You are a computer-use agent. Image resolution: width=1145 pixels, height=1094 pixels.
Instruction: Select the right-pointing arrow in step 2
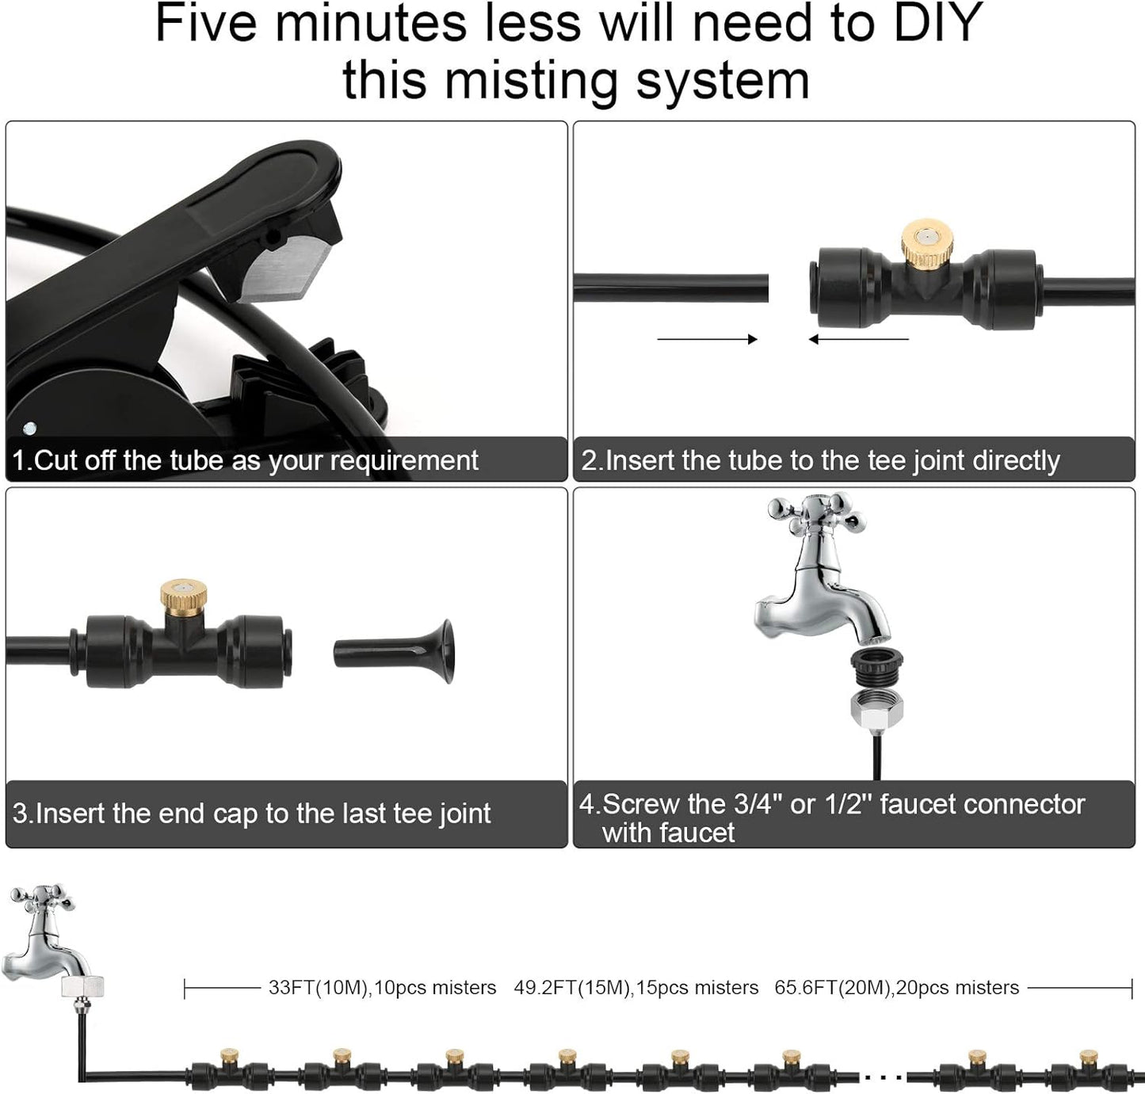(707, 339)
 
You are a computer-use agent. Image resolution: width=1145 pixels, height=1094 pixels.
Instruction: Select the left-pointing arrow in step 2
(858, 339)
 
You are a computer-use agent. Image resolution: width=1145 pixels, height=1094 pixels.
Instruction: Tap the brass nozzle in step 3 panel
(183, 593)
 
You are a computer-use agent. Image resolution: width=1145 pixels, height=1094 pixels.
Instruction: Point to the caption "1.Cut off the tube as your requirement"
(245, 460)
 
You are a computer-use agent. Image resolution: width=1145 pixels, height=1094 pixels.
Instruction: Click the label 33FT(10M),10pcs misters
(382, 988)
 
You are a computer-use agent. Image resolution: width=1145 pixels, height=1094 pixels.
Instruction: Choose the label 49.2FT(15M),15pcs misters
(635, 988)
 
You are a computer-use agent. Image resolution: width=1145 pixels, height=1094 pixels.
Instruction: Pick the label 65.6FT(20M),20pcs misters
(896, 988)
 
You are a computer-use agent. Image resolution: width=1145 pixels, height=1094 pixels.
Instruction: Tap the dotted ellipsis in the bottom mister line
(882, 1077)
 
